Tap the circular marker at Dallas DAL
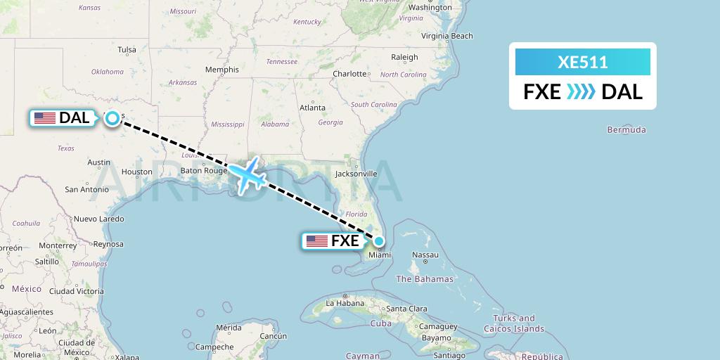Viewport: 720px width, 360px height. pyautogui.click(x=112, y=118)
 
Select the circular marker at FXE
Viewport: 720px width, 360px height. pyautogui.click(x=379, y=241)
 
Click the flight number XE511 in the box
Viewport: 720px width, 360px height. pyautogui.click(x=582, y=63)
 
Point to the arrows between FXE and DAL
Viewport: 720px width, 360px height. pyautogui.click(x=581, y=91)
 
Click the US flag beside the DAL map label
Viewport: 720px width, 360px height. pyautogui.click(x=45, y=118)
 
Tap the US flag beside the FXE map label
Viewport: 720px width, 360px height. pyautogui.click(x=317, y=241)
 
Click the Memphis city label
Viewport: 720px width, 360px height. pyautogui.click(x=222, y=70)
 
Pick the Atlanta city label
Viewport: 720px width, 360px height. pyautogui.click(x=312, y=108)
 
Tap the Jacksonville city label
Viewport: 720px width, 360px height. pyautogui.click(x=356, y=174)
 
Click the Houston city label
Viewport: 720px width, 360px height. pyautogui.click(x=136, y=172)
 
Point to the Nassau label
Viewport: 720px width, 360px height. pyautogui.click(x=425, y=255)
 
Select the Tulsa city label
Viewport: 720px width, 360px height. pyautogui.click(x=127, y=50)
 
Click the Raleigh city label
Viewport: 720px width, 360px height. pyautogui.click(x=404, y=58)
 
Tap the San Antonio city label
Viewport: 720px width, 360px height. pyautogui.click(x=86, y=189)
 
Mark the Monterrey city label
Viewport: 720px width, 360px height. pyautogui.click(x=58, y=245)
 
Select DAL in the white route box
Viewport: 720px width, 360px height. pyautogui.click(x=622, y=91)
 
